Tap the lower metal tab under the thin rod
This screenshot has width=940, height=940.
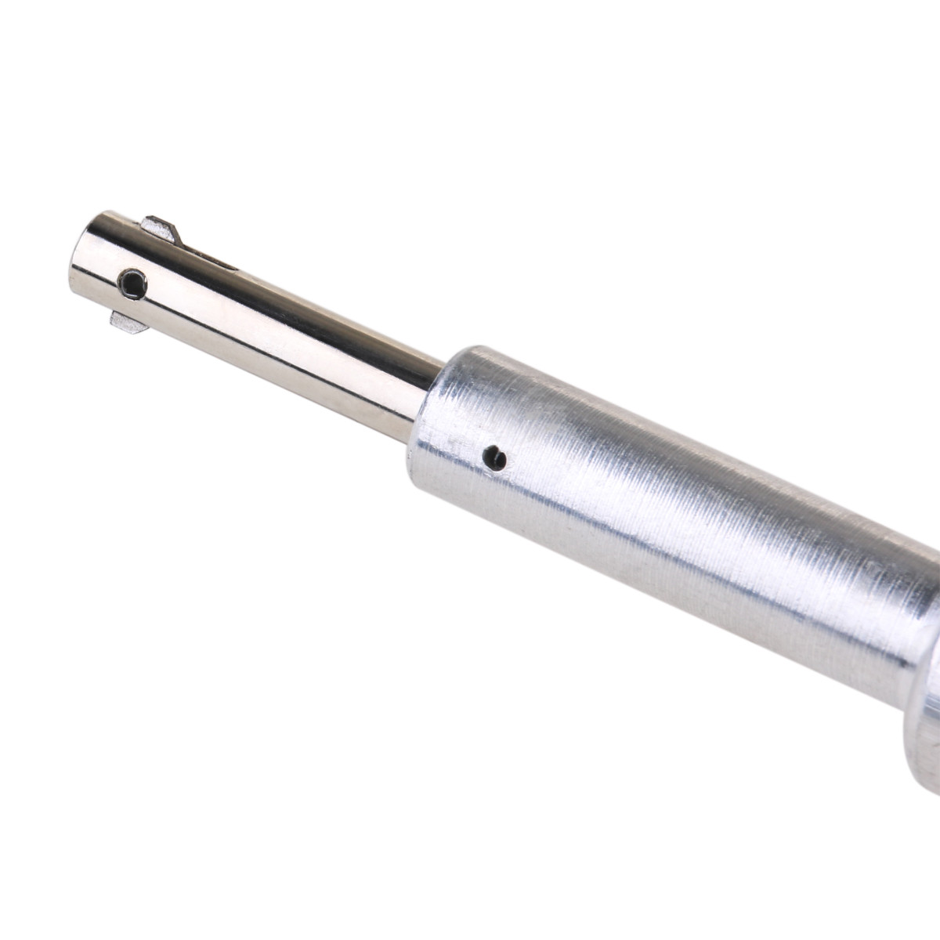pyautogui.click(x=128, y=321)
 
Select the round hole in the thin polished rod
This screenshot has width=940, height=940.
pyautogui.click(x=132, y=284)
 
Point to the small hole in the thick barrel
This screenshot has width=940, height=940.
pyautogui.click(x=494, y=457)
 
